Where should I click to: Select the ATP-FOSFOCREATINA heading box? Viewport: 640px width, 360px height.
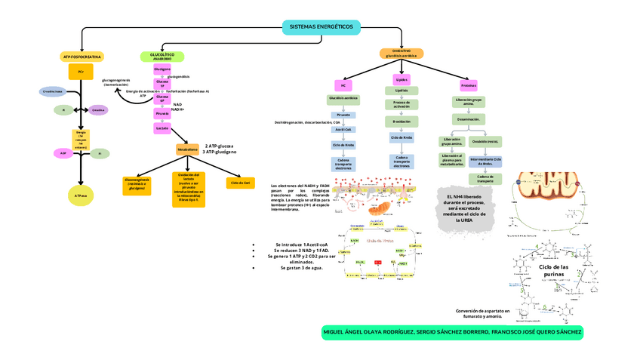coord(82,57)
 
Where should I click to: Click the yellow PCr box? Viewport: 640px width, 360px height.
coord(81,71)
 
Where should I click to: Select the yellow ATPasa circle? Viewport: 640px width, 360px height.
coord(81,195)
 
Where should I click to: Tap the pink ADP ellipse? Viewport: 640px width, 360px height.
coord(63,153)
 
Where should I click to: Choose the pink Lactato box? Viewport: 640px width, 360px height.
coord(162,128)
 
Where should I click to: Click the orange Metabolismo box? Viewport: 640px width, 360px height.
coord(187,149)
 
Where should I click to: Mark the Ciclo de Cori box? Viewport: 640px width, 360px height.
coord(241,183)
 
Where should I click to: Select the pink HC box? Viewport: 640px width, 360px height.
coord(343,85)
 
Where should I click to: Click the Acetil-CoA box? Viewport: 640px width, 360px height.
coord(343,129)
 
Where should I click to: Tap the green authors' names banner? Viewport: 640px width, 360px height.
coord(452,332)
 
